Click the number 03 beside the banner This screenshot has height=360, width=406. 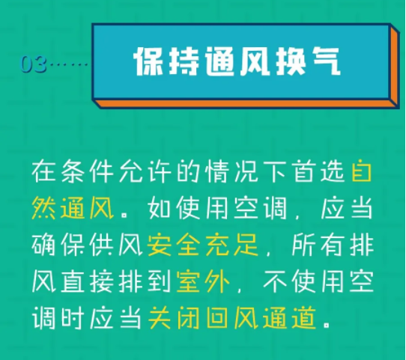point(34,64)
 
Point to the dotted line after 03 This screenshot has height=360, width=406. point(69,64)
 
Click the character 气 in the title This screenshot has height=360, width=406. point(325,61)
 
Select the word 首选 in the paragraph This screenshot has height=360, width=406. point(319,171)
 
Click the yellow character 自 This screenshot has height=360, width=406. point(362,171)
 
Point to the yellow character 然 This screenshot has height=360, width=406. point(43,208)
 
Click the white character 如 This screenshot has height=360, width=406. point(160,208)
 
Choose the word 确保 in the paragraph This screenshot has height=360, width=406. point(58,245)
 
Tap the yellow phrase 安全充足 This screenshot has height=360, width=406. point(203,245)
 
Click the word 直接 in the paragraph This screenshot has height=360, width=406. point(87,281)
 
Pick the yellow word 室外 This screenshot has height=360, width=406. point(203,281)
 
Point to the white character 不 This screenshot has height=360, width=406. point(275,281)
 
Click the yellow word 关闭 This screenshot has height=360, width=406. point(174,318)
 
